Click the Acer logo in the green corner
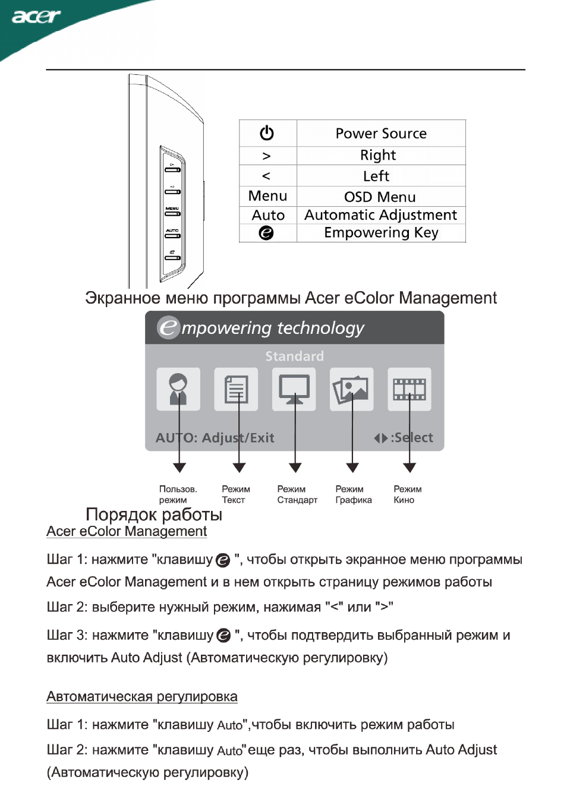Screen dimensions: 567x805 36,17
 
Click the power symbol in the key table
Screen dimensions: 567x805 266,133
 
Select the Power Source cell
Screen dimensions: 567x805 381,133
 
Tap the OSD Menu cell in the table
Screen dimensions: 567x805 381,197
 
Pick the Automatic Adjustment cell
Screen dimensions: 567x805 381,215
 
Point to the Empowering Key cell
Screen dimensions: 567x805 381,233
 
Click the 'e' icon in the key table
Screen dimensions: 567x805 266,233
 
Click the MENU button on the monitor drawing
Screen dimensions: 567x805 172,213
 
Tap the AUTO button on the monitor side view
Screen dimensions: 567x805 172,236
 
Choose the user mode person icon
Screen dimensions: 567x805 178,389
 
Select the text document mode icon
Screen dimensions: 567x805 236,389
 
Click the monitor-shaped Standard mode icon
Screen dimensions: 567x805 294,389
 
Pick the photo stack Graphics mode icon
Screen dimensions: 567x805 352,389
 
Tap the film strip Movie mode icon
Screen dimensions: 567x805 409,389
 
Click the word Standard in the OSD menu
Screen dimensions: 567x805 294,356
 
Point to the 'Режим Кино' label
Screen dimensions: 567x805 407,494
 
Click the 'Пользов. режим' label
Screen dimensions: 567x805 178,494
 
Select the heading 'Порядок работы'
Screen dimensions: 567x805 154,514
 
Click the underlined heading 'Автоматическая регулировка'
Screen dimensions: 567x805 142,696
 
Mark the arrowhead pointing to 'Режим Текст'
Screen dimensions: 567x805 239,468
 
